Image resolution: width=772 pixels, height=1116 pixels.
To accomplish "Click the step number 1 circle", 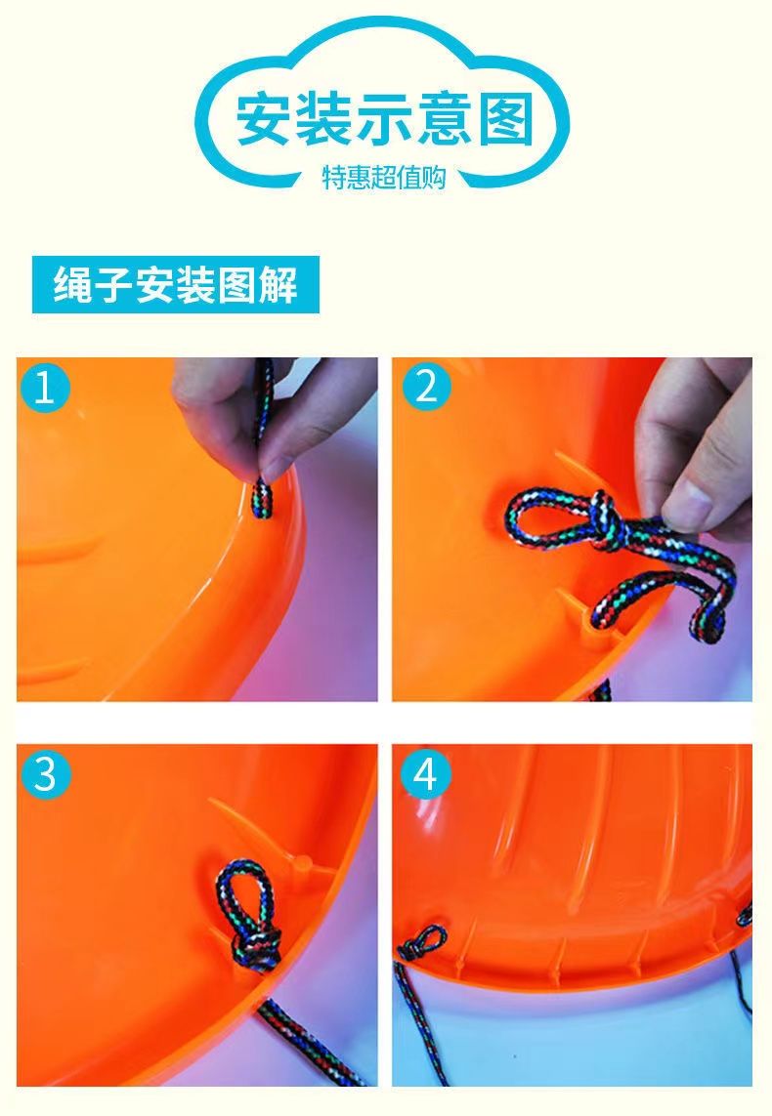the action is [x=44, y=388].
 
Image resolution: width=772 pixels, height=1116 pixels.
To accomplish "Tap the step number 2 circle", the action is [x=427, y=387].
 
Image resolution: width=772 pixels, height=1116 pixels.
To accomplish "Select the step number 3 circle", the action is [x=45, y=773].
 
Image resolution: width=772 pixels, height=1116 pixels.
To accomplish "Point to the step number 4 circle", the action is [x=425, y=773].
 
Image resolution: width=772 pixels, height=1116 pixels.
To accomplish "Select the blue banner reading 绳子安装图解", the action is [x=176, y=285].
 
